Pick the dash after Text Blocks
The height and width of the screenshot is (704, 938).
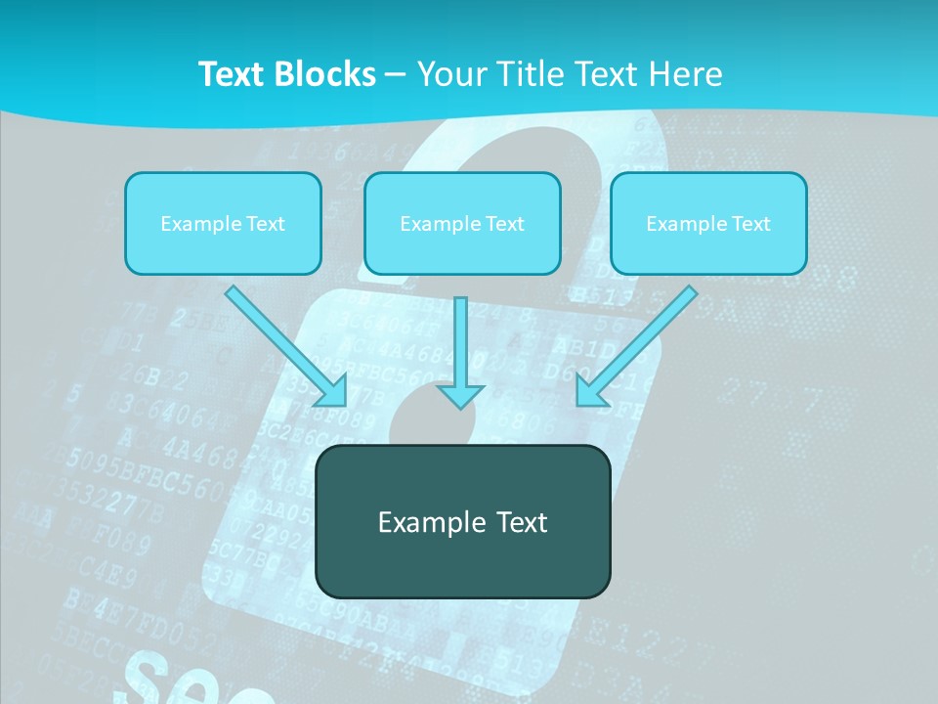pos(396,74)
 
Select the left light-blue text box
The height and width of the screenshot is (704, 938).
pos(223,223)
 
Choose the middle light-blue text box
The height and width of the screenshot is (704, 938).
pos(462,223)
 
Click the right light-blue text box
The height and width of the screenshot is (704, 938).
pos(708,223)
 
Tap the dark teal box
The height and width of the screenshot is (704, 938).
pos(462,521)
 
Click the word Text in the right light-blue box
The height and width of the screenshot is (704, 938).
pos(750,223)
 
